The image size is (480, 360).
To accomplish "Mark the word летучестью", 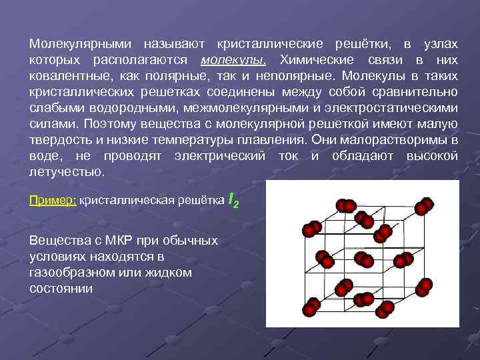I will coord(67,171).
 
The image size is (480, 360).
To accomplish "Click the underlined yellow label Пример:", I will coord(53,200).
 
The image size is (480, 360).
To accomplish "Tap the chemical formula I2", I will coord(233,199).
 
